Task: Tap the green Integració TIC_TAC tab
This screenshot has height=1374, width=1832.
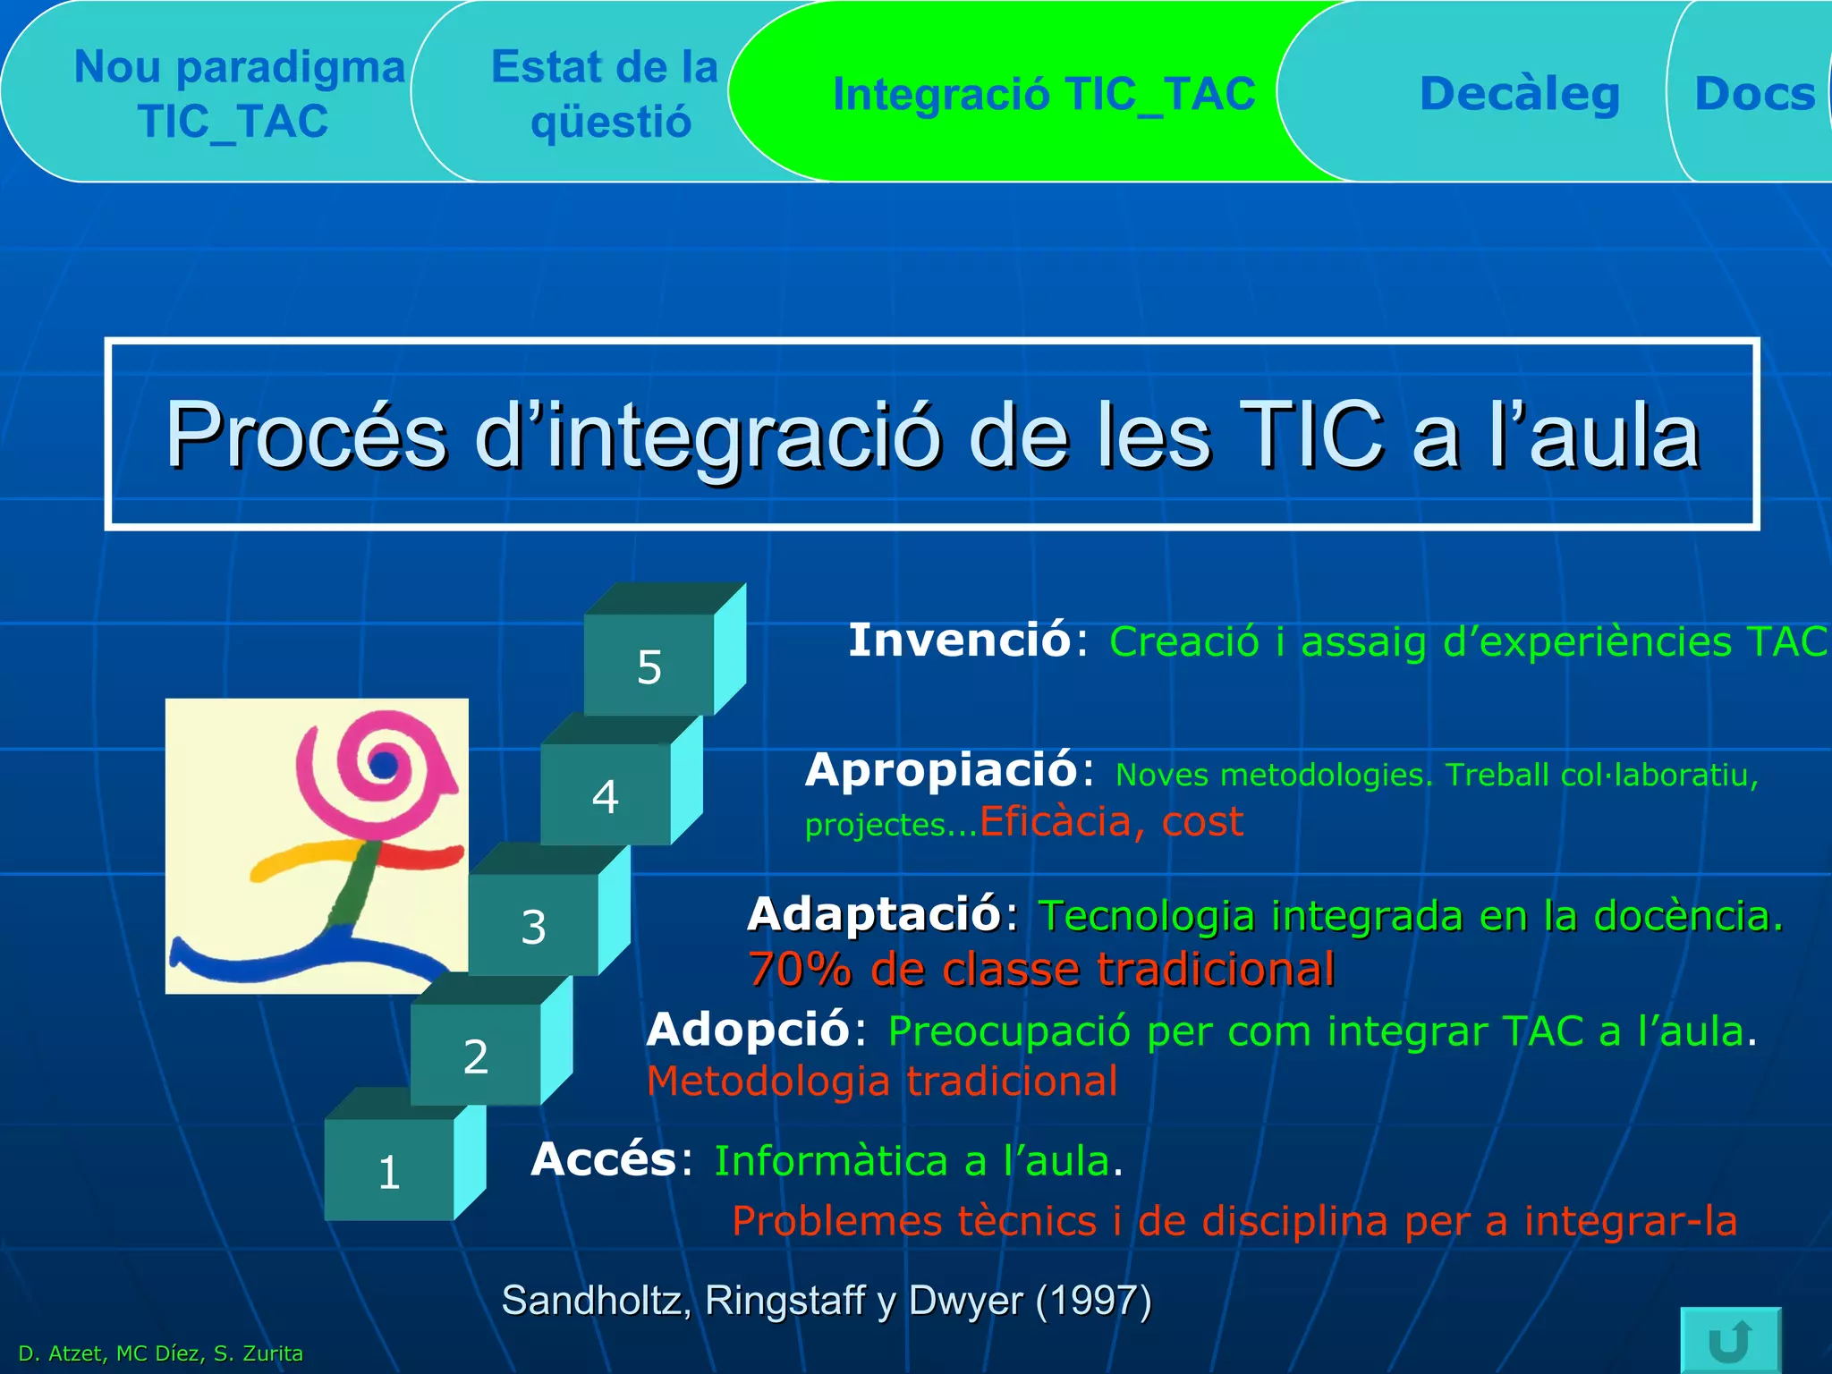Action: click(x=1043, y=93)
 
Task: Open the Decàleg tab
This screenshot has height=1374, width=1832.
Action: click(x=1519, y=93)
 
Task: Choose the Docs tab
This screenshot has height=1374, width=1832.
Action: click(x=1753, y=93)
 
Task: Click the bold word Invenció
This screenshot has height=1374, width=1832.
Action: click(x=959, y=640)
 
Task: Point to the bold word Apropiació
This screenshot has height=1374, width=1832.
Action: click(x=941, y=770)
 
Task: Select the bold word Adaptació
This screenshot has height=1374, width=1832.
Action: click(x=874, y=914)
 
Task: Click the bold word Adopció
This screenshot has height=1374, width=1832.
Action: click(x=748, y=1030)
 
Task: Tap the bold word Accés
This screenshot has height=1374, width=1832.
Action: click(x=604, y=1160)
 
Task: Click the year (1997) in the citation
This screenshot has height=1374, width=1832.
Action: click(x=1093, y=1300)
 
